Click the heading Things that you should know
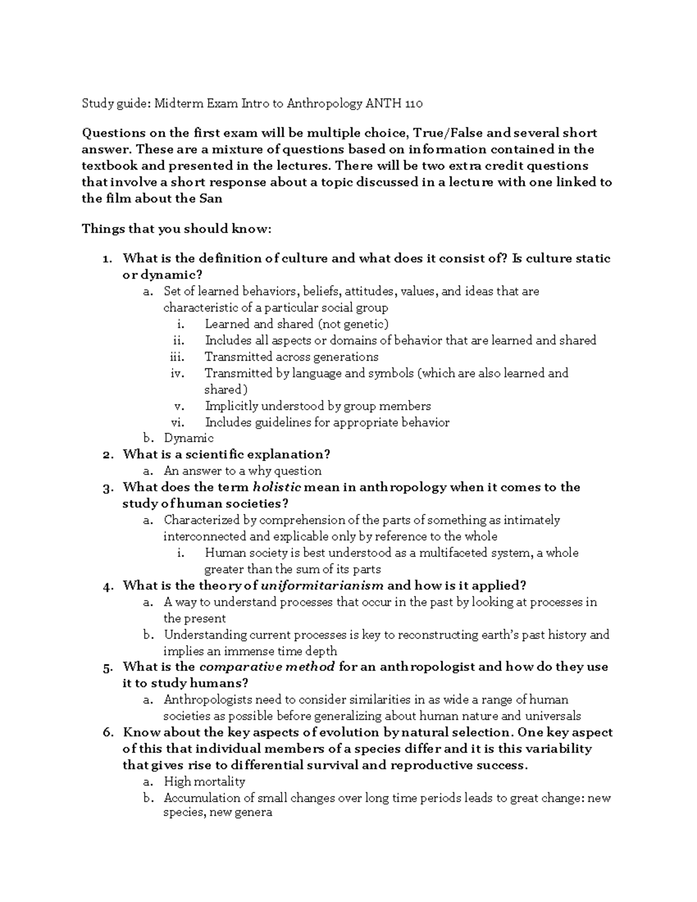pos(177,229)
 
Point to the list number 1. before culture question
pos(108,258)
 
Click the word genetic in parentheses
pos(365,324)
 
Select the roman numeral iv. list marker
pos(177,373)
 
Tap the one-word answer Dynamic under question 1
pos(189,439)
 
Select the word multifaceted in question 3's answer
pos(454,553)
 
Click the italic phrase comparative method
pos(267,667)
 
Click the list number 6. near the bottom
pos(107,733)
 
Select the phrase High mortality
pos(204,782)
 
